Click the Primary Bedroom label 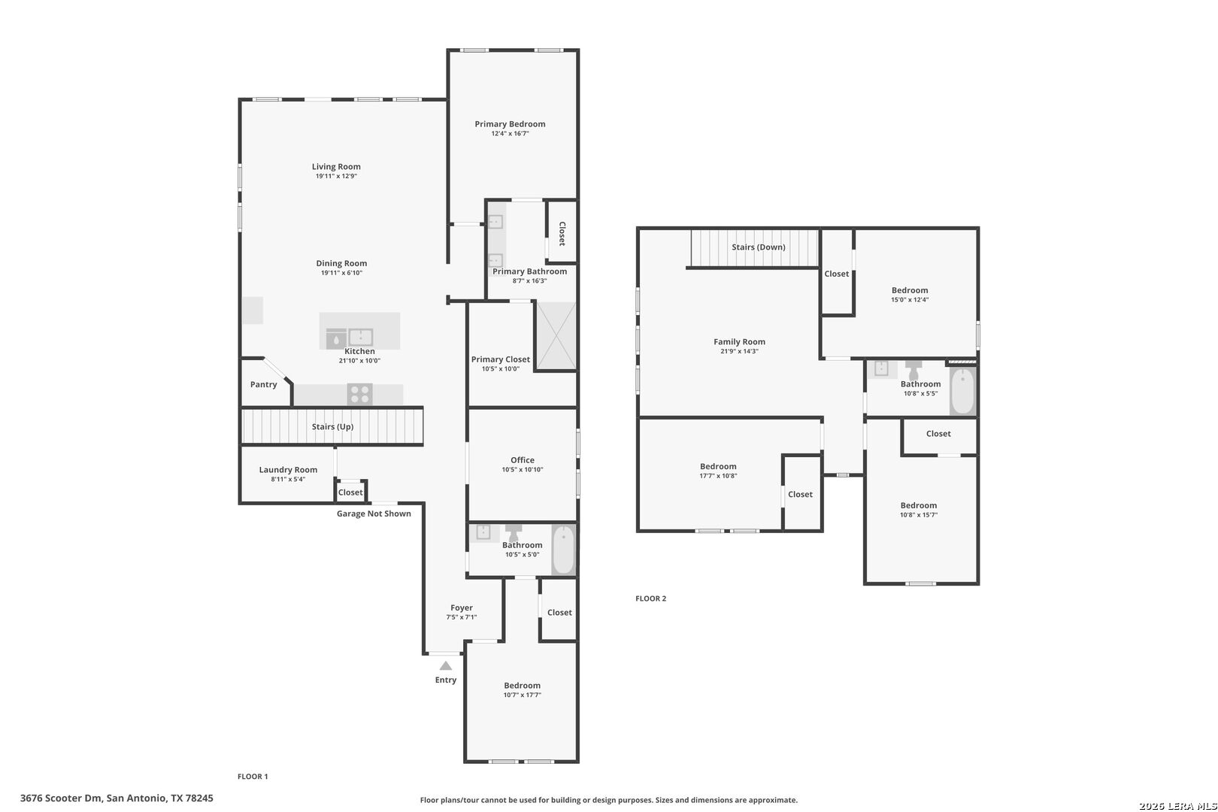[510, 124]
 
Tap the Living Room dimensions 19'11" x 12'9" [336, 176]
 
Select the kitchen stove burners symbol [359, 394]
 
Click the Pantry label [264, 384]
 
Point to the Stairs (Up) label [332, 426]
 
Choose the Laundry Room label [288, 470]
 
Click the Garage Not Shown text [374, 514]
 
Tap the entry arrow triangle [445, 665]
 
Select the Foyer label [461, 608]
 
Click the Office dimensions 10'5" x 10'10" [522, 469]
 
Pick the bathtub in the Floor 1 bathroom [563, 550]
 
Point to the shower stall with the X [556, 336]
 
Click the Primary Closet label [500, 359]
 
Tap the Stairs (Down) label [758, 247]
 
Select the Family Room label [739, 341]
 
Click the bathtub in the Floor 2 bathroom [963, 390]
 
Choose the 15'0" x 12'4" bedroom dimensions [910, 300]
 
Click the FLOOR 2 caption [650, 598]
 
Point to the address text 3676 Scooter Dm [61, 798]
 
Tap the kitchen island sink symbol [360, 338]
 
